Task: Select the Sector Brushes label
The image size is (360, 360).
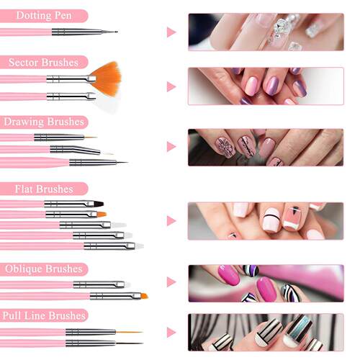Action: tap(45, 62)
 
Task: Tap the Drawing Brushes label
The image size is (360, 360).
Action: tap(45, 122)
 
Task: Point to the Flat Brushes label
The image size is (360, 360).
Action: tap(45, 189)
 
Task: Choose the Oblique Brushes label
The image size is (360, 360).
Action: tap(45, 269)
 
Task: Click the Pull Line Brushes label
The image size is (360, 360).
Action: tap(45, 315)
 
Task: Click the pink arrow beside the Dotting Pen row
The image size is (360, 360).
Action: tap(171, 32)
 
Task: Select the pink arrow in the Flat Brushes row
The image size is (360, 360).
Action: tap(171, 220)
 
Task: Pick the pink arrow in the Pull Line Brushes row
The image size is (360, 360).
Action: tap(171, 332)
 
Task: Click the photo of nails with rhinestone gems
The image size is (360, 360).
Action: tap(265, 32)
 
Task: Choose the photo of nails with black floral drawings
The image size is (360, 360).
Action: tap(265, 147)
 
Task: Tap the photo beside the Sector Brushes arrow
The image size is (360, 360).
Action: tap(265, 86)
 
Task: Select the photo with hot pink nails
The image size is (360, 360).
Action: tap(265, 282)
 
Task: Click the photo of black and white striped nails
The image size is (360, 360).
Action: tap(265, 332)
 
